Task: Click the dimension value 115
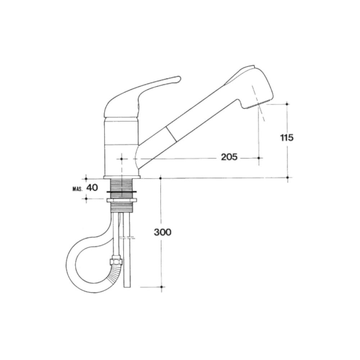coord(287,138)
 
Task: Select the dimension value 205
coord(229,157)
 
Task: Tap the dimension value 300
coord(163,232)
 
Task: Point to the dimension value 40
coord(92,188)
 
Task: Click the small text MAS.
coord(78,189)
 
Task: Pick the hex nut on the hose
coord(116,261)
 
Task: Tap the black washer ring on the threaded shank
coord(121,191)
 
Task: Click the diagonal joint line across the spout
coord(171,134)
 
